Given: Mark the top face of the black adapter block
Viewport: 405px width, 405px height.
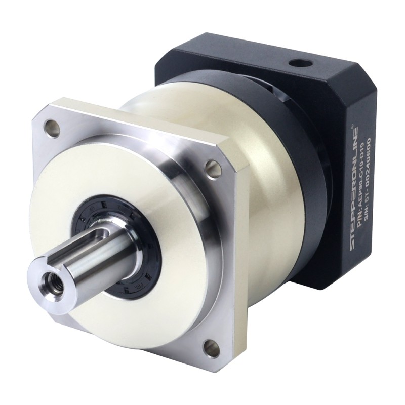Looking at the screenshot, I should coord(263,56).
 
